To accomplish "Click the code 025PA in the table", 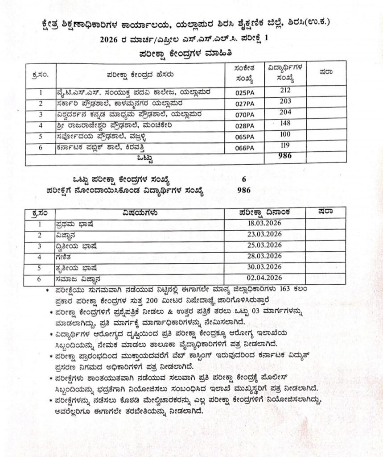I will click(x=244, y=93).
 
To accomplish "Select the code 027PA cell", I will click(x=244, y=104).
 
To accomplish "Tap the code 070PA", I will click(x=244, y=115).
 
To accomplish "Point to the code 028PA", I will click(x=244, y=126).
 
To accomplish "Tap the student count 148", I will click(x=285, y=123).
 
